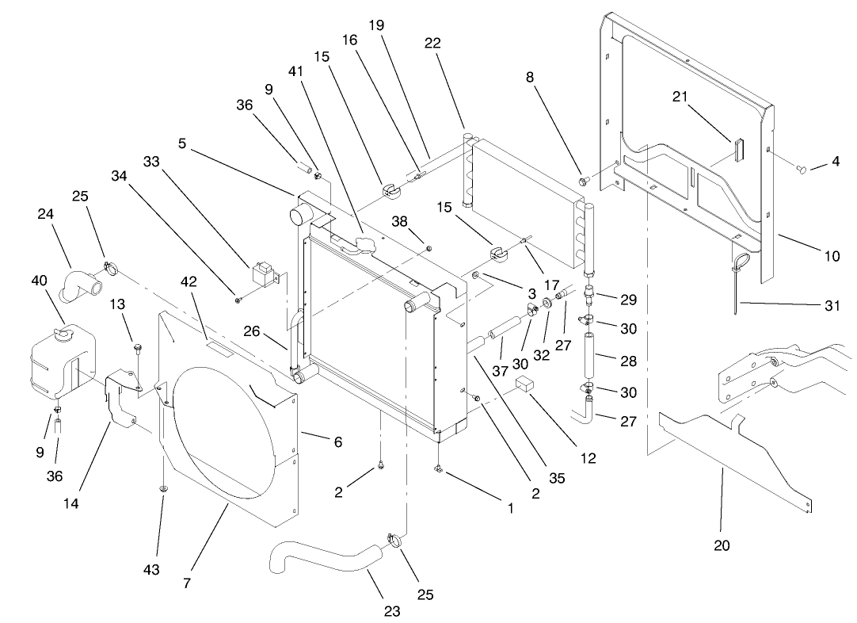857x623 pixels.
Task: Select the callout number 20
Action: point(722,545)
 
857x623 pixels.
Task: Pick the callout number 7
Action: point(187,583)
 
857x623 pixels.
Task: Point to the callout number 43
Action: point(151,569)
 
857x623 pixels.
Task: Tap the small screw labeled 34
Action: point(237,299)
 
